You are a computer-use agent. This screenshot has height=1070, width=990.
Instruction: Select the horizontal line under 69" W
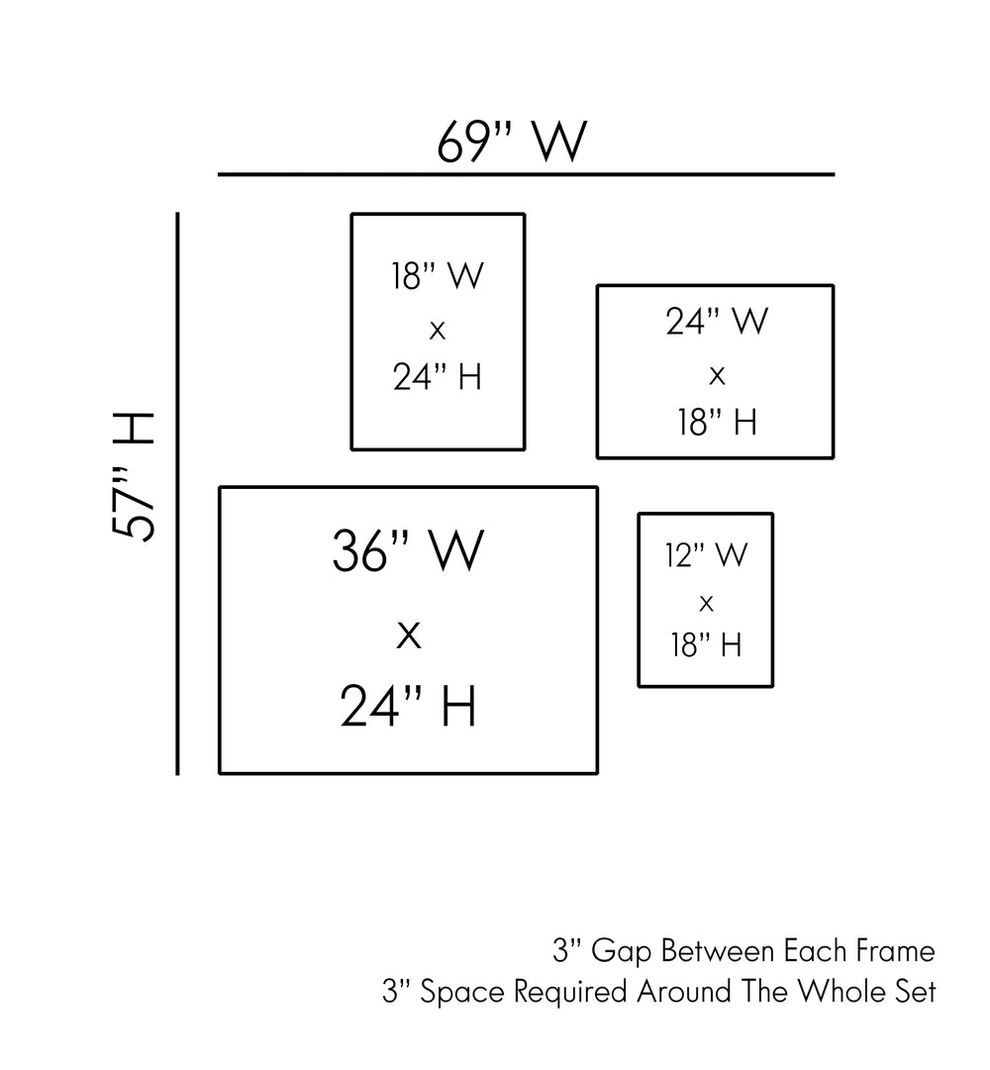526,174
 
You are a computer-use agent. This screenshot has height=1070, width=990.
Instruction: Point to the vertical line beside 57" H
177,493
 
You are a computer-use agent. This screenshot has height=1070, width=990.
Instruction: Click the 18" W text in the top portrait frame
438,276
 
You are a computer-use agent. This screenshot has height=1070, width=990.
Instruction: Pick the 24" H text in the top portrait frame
438,377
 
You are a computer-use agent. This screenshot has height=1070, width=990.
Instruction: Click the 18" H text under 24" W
717,423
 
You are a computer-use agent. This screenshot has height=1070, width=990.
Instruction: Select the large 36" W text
408,551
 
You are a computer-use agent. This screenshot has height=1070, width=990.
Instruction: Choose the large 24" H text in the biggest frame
408,707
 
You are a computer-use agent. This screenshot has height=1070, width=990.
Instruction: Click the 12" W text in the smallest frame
706,555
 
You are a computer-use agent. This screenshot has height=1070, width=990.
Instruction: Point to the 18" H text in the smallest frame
706,645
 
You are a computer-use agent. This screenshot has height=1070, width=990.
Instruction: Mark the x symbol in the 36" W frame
408,634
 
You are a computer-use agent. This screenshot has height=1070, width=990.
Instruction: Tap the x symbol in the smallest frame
706,602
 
